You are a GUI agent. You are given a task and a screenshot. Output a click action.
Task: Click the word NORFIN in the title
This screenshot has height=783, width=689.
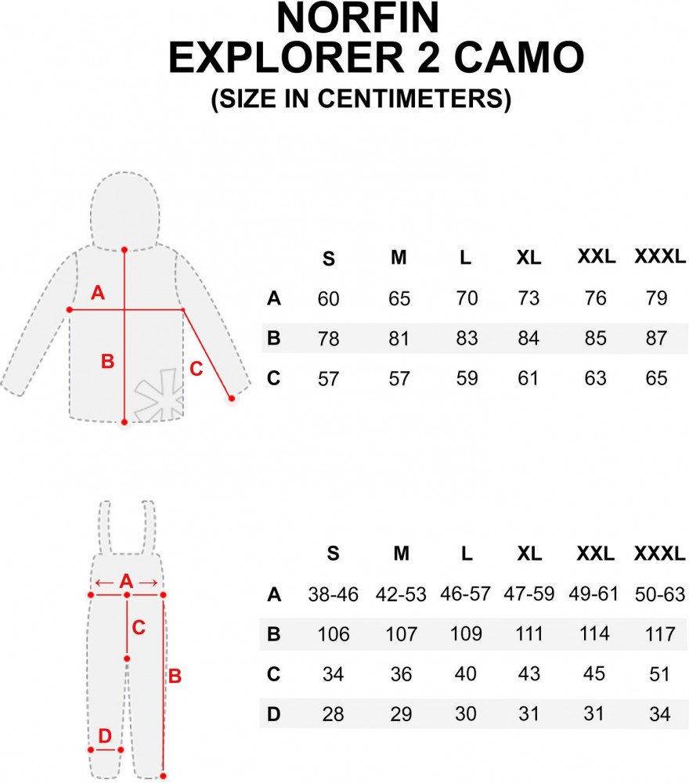358,18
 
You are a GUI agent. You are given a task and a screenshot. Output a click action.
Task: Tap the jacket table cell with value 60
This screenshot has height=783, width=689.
329,298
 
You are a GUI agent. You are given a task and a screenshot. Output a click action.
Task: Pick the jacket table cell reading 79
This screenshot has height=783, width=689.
657,298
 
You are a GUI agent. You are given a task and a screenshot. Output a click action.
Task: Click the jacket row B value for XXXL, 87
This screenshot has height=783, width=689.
657,338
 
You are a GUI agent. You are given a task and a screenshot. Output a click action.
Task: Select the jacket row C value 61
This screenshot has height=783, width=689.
528,378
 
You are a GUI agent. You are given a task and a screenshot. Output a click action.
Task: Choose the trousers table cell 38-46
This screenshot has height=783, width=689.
333,594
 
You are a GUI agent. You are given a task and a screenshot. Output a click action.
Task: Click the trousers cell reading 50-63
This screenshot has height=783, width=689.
659,594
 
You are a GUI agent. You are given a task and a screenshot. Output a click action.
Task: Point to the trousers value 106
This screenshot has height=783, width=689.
334,634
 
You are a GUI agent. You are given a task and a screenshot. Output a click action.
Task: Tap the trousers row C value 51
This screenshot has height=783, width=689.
659,674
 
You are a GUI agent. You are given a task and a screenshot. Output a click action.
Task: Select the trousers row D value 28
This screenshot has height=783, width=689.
333,714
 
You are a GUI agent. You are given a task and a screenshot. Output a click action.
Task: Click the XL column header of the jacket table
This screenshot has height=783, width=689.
528,258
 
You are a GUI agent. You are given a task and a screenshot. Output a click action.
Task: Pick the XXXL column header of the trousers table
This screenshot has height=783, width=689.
659,554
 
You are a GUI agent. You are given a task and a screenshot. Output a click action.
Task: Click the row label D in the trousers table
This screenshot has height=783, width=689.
273,714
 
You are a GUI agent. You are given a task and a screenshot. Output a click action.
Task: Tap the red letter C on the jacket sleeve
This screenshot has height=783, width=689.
197,369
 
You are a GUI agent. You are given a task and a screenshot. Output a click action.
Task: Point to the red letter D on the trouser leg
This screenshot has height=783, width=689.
105,735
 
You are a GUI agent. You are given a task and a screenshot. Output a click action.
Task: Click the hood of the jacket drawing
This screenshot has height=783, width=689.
125,210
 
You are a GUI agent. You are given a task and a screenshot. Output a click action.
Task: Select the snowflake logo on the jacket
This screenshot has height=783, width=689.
159,395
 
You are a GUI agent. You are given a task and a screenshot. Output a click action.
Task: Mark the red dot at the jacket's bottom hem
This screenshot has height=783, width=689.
124,423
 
